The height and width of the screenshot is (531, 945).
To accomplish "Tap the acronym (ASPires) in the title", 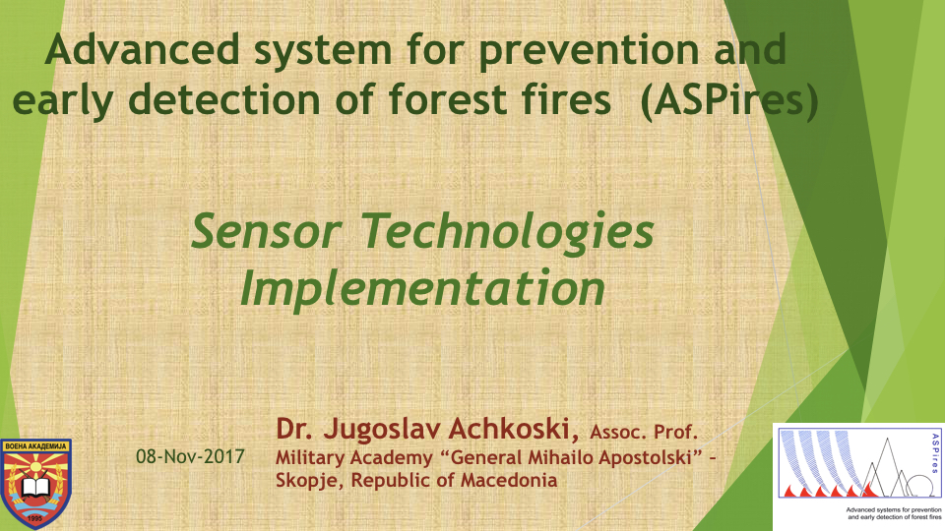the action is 729,100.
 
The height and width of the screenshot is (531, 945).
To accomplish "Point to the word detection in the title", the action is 224,99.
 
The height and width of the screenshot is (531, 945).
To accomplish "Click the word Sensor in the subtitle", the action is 266,232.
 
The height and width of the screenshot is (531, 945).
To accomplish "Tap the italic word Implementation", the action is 422,289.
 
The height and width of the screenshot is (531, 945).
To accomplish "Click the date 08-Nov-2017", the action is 190,457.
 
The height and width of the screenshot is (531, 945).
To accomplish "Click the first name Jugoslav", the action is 383,430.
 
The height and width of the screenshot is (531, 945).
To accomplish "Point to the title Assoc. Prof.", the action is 644,432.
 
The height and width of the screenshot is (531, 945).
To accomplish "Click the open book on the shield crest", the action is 36,485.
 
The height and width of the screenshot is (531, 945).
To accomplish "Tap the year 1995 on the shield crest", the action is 35,517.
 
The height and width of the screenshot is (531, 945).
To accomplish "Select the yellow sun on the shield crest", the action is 35,467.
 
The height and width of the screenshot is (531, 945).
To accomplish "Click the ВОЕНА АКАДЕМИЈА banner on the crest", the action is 35,446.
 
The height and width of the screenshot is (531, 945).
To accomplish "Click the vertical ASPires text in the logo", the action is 935,453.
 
